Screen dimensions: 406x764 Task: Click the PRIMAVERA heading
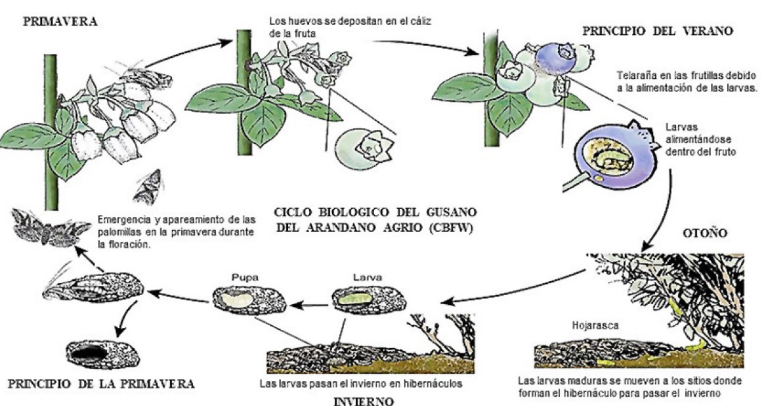(60, 22)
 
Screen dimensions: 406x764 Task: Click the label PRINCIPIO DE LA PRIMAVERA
(98, 382)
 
